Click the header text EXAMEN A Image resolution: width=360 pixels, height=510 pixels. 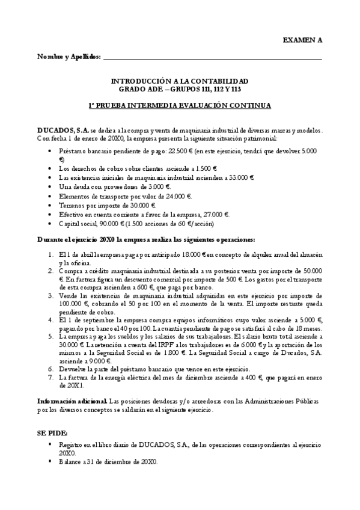(x=302, y=40)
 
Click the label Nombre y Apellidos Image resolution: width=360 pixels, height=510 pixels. (x=69, y=57)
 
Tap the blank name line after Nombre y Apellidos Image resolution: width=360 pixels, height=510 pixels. (x=213, y=58)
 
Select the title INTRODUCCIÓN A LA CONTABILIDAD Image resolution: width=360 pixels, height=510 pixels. (x=180, y=81)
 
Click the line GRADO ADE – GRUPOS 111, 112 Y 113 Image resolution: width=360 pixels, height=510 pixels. (x=180, y=89)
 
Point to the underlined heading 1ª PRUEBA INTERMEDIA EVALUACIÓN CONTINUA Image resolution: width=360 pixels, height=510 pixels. (x=180, y=105)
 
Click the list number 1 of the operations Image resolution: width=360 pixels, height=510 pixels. (x=51, y=254)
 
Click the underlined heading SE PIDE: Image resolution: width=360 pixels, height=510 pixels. (x=52, y=432)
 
